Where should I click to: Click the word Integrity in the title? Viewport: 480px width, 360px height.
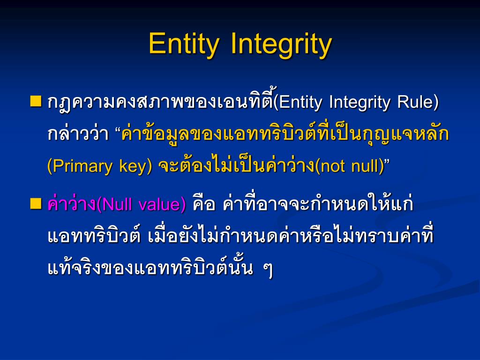[x=281, y=44]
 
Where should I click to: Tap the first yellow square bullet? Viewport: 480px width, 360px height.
[x=36, y=101]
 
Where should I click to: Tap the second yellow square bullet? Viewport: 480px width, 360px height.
[x=36, y=203]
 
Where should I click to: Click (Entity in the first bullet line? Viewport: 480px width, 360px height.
[x=298, y=102]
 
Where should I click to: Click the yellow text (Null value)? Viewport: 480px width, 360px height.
[x=141, y=205]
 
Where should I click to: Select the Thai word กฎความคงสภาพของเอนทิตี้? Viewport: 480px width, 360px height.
[x=159, y=102]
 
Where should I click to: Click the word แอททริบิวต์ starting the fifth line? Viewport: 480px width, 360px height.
[x=94, y=237]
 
